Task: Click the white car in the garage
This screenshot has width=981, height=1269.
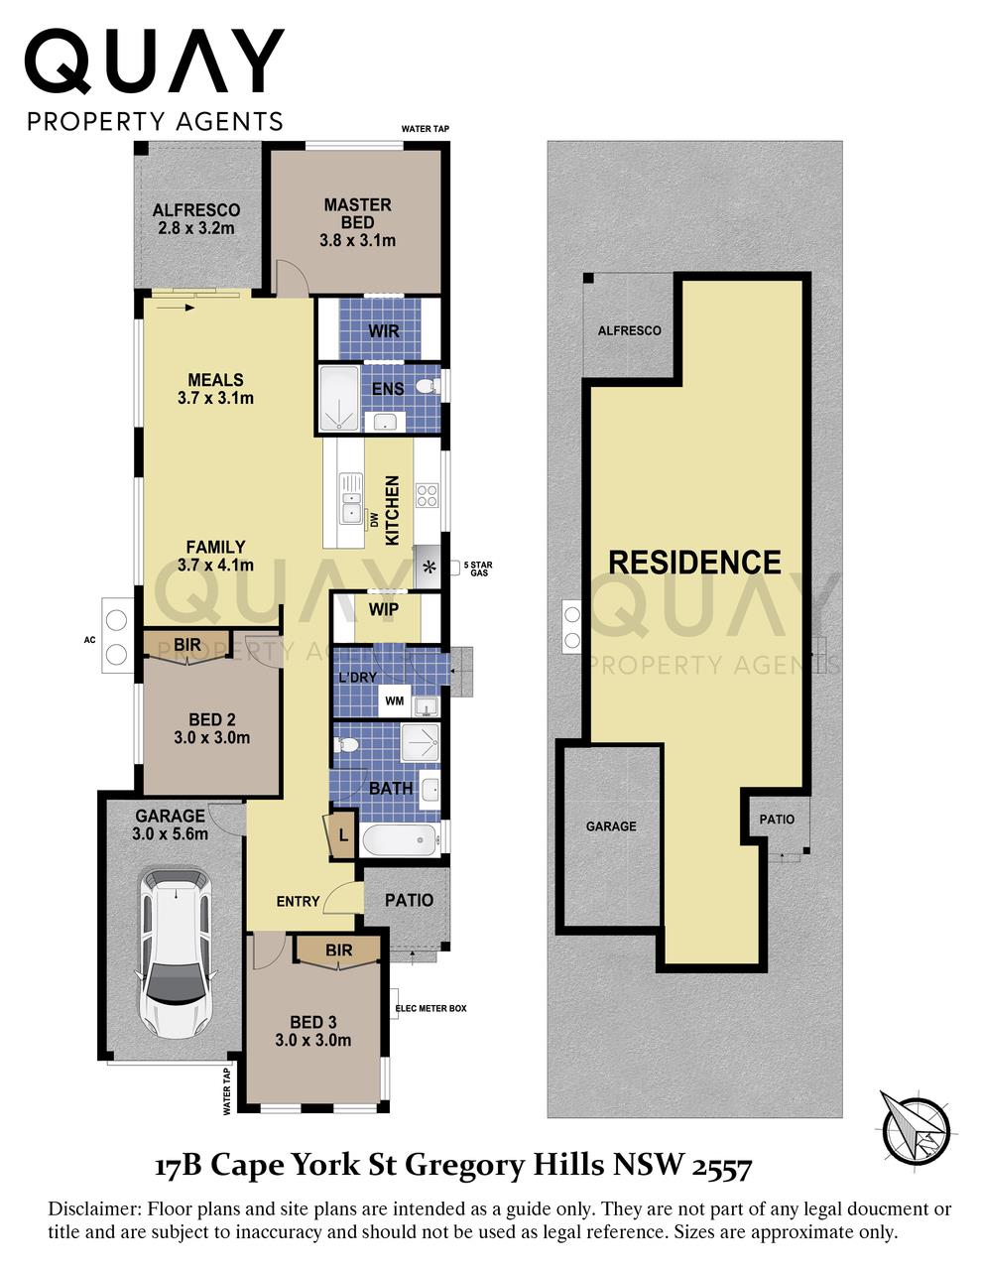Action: click(175, 952)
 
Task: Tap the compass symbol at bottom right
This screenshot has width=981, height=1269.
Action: click(916, 1127)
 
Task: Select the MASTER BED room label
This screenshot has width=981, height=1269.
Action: click(357, 213)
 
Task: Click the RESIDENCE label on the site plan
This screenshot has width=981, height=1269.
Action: click(694, 563)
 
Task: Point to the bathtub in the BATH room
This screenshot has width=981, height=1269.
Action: click(399, 841)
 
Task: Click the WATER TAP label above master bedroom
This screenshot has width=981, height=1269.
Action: click(425, 129)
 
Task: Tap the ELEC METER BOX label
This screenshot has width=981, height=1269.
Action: click(430, 1008)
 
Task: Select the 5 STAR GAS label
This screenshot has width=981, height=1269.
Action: click(479, 569)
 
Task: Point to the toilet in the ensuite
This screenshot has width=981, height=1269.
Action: click(427, 386)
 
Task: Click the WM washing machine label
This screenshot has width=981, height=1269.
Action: click(394, 701)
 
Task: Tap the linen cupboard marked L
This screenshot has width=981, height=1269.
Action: click(342, 835)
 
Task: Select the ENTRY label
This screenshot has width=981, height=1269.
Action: click(298, 901)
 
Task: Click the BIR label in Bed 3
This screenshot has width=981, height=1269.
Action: click(338, 951)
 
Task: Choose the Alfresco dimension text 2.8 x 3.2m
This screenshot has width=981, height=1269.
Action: click(196, 228)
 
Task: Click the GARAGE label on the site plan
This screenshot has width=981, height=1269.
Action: click(611, 825)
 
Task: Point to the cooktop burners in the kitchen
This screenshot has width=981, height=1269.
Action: click(427, 494)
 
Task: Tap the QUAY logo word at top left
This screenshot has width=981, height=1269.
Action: click(154, 62)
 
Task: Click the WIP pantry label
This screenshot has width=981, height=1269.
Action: click(383, 608)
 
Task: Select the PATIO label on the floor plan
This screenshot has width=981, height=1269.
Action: click(409, 900)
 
